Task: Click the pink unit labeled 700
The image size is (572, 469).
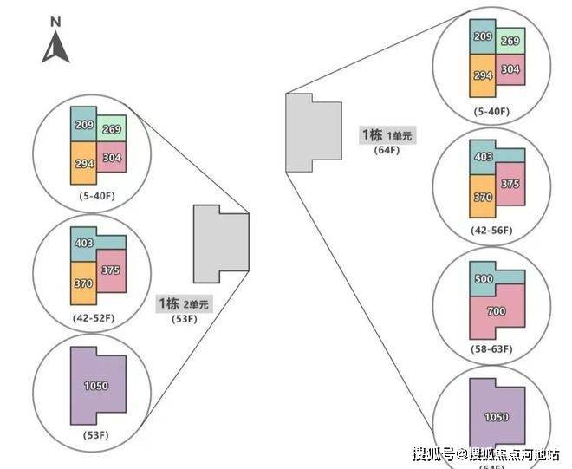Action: tap(496, 311)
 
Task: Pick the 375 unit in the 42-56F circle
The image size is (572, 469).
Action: tap(510, 183)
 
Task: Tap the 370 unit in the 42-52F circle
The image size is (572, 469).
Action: tap(83, 283)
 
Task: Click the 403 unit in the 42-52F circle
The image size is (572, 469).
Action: tap(85, 244)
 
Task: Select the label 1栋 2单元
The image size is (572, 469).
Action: tap(183, 304)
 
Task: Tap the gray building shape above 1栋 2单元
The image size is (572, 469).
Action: tap(219, 244)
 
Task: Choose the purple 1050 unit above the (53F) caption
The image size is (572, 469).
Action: tap(97, 385)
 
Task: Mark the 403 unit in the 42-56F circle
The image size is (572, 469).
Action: tap(483, 157)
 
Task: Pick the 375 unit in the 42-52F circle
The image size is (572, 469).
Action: tap(110, 270)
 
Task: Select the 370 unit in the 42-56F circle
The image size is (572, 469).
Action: tap(483, 197)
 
